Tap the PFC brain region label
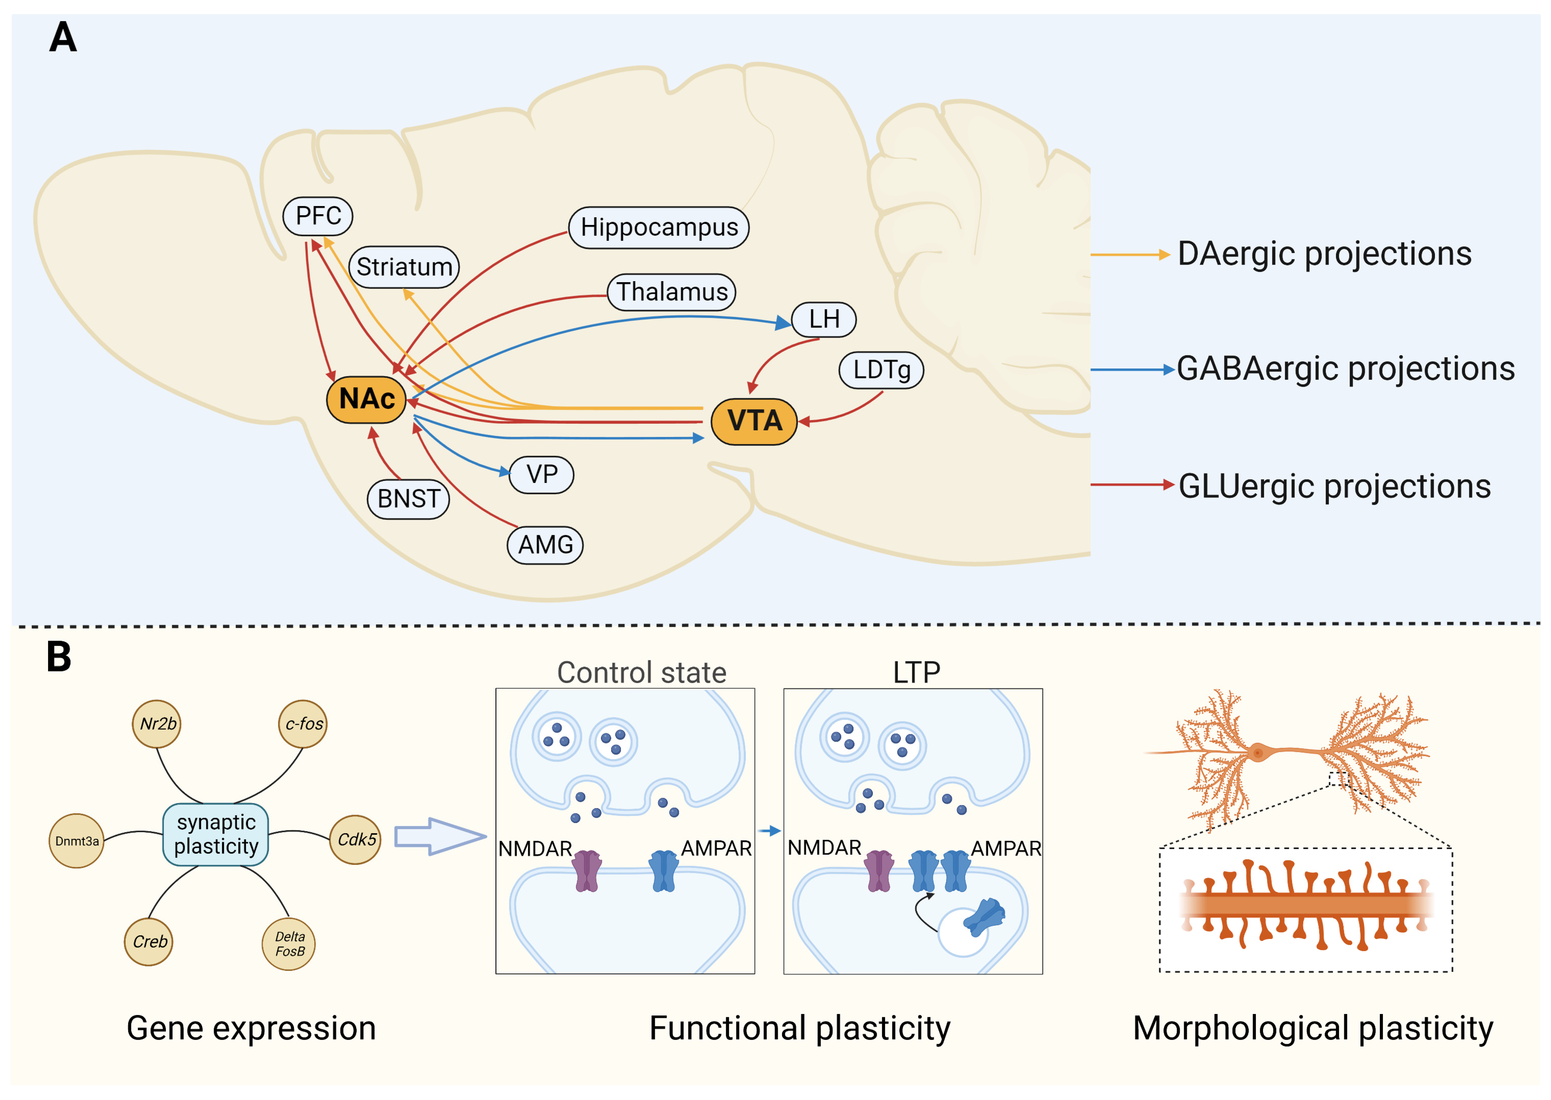coord(317,216)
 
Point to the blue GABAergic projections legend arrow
coord(1131,370)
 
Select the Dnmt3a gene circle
coord(76,841)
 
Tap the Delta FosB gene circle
coord(289,943)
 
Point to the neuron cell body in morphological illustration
coord(1258,752)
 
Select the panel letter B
coord(59,656)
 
